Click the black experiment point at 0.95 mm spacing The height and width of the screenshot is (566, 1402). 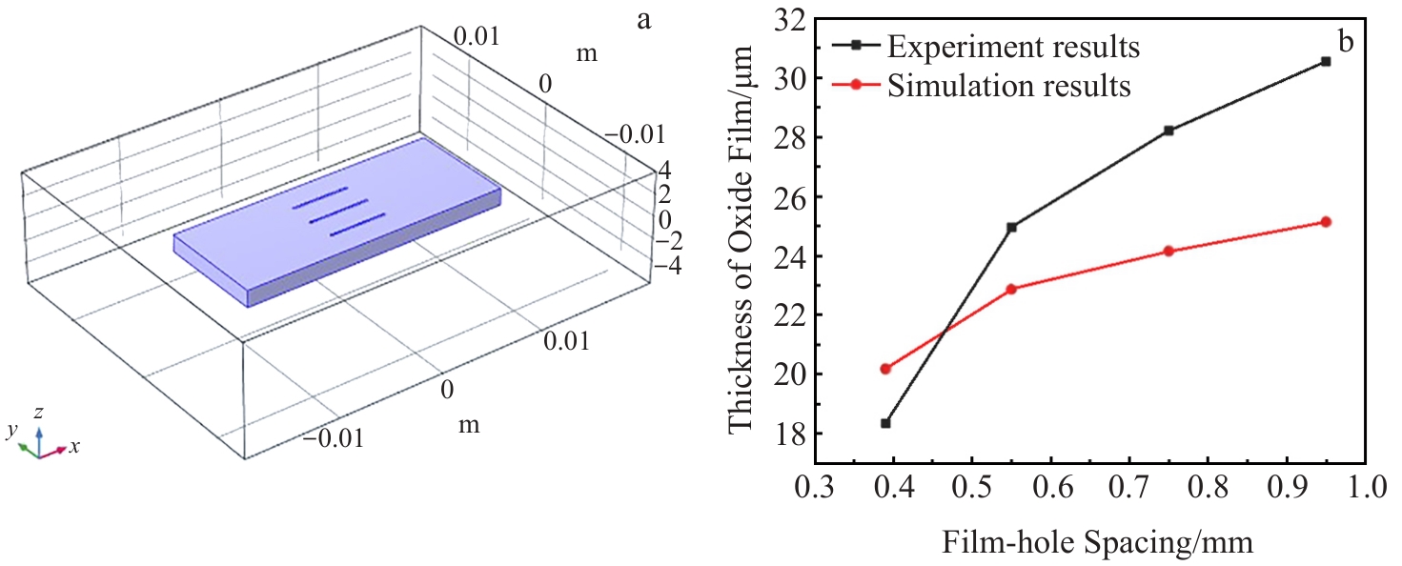pyautogui.click(x=1325, y=61)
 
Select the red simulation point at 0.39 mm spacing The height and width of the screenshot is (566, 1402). pyautogui.click(x=885, y=369)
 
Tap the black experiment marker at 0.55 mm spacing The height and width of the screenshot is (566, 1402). pyautogui.click(x=1011, y=227)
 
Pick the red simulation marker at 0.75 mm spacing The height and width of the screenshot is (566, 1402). pyautogui.click(x=1168, y=252)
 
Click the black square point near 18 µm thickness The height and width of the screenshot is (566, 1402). pyautogui.click(x=885, y=423)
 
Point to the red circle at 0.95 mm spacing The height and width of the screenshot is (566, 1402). pyautogui.click(x=1325, y=222)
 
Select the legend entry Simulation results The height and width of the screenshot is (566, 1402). pyautogui.click(x=1008, y=86)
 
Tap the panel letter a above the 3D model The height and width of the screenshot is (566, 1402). pyautogui.click(x=644, y=19)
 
